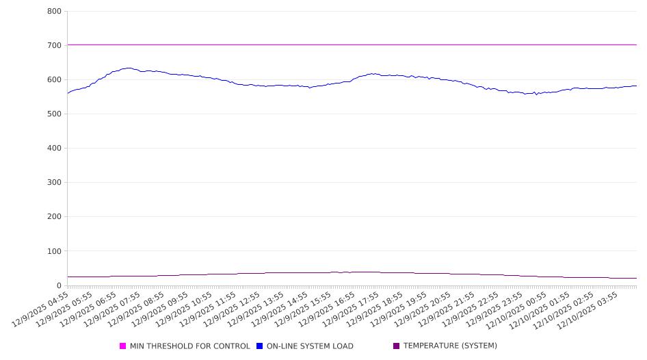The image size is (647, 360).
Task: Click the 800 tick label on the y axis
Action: (54, 12)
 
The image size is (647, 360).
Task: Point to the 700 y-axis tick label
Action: (54, 46)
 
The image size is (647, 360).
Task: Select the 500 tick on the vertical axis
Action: (54, 114)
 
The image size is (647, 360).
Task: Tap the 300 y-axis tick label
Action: (54, 183)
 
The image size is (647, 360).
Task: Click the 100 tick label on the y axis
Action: (54, 251)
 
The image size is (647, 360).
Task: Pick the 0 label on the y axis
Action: (59, 285)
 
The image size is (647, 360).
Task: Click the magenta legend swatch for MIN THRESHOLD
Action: (123, 346)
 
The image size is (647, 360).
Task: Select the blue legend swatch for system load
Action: (260, 346)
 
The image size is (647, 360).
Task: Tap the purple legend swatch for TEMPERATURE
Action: (397, 346)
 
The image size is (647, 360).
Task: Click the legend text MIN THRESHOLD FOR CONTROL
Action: (189, 346)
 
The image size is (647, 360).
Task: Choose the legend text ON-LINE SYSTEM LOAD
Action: (310, 346)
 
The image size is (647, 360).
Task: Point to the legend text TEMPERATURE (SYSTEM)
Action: (450, 346)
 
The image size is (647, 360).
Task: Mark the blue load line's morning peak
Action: (128, 68)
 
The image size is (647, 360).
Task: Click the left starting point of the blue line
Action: (68, 93)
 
